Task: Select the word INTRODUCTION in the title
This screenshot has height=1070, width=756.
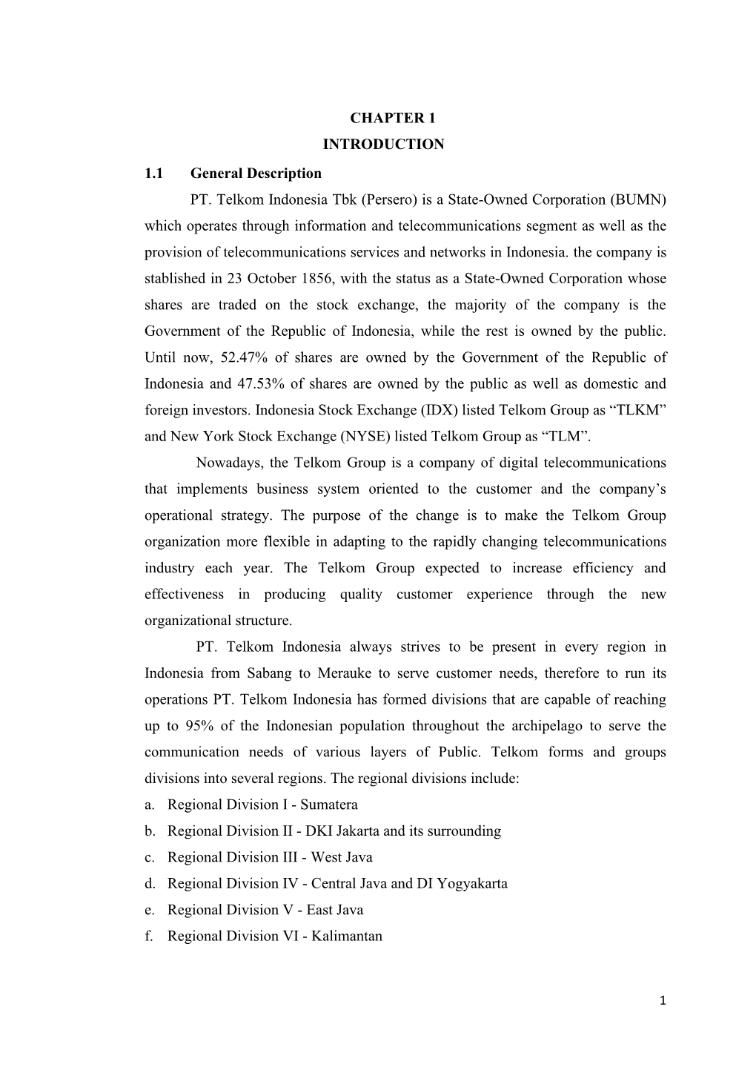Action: click(x=383, y=145)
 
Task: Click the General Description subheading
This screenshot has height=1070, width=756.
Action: click(x=256, y=174)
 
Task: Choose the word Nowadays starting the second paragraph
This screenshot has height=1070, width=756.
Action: click(x=229, y=463)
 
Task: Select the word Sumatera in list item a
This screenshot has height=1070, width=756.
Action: click(x=328, y=805)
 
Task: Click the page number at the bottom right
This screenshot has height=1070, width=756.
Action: click(x=663, y=1001)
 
